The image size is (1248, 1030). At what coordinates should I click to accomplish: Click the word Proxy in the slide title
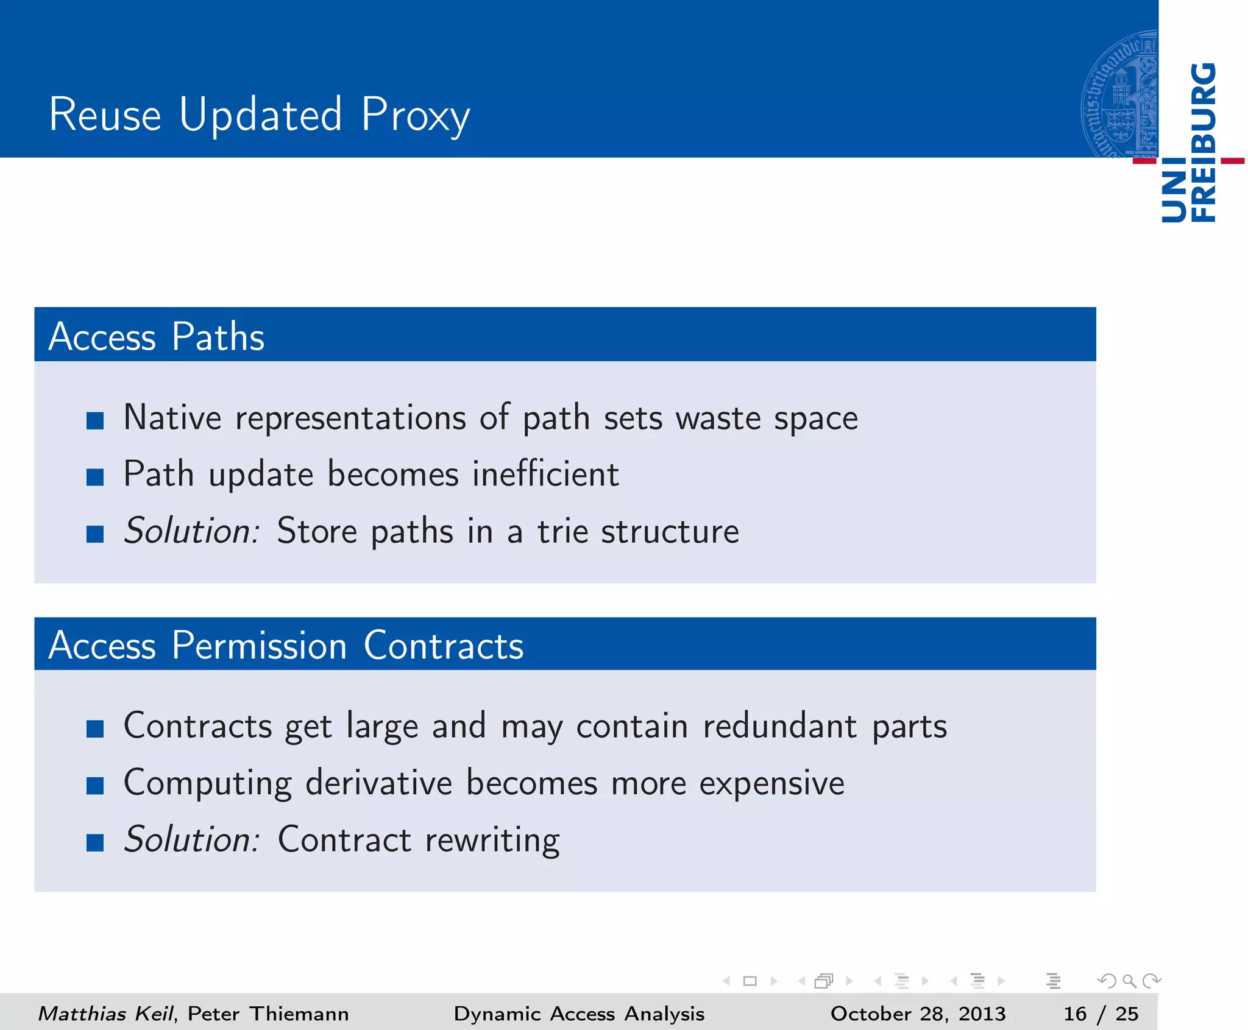click(x=415, y=116)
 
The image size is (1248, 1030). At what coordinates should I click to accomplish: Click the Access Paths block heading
click(x=156, y=336)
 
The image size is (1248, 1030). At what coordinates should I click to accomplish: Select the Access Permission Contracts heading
click(x=285, y=645)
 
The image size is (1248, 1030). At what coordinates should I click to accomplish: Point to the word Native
click(x=172, y=418)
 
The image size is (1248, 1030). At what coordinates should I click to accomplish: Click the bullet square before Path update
click(x=95, y=477)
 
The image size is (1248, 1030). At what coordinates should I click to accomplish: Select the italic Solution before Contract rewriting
click(x=191, y=839)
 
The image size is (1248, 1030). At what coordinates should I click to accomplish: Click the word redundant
click(x=779, y=726)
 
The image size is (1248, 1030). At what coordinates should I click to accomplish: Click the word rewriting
click(x=492, y=841)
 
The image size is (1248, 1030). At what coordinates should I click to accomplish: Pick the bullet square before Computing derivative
click(x=95, y=786)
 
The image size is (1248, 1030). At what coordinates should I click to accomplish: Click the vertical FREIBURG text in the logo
click(x=1204, y=143)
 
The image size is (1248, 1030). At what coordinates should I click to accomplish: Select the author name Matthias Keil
click(x=106, y=1014)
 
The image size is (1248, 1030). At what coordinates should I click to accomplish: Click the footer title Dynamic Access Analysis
click(x=579, y=1014)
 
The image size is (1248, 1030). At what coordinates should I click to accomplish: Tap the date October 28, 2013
click(x=917, y=1014)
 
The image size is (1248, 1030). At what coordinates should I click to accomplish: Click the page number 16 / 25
click(x=1101, y=1014)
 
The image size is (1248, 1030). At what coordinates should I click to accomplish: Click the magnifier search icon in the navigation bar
click(x=1129, y=981)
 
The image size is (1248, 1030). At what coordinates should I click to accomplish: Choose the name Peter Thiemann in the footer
click(x=268, y=1014)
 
